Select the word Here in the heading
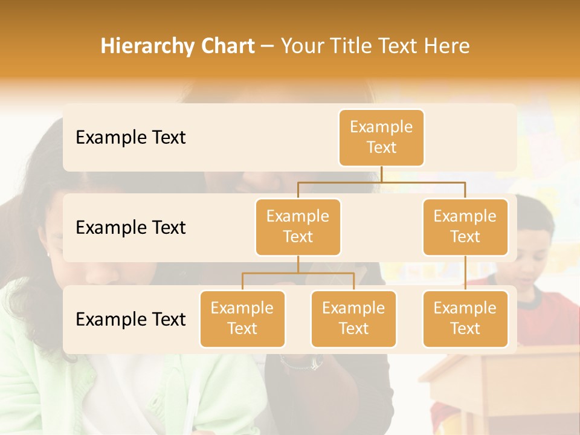click(446, 47)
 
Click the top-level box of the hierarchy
click(381, 137)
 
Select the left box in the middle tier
click(298, 227)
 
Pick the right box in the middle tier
click(465, 227)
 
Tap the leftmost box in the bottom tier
click(242, 318)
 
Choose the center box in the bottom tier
click(353, 318)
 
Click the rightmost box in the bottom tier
click(465, 318)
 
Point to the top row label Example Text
click(130, 138)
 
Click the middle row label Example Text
click(130, 228)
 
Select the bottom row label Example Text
click(130, 319)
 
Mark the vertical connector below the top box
click(381, 174)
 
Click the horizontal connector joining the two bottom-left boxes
click(298, 273)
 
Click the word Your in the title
click(300, 47)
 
